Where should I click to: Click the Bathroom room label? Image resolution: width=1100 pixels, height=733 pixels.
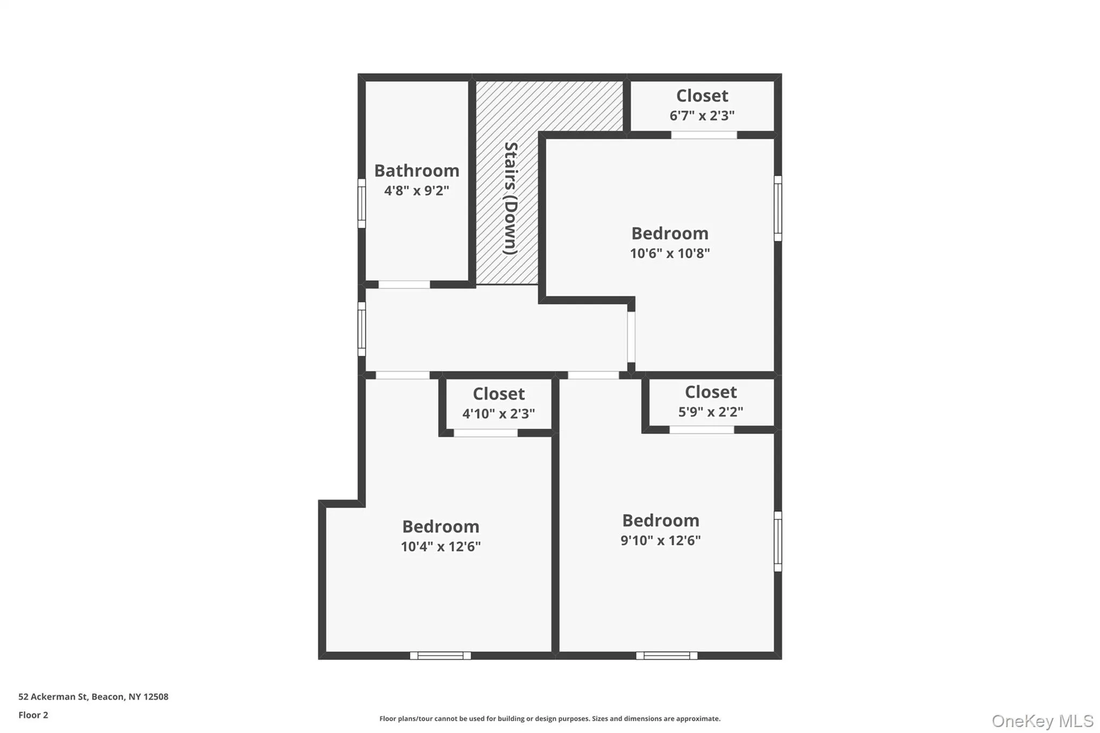click(417, 171)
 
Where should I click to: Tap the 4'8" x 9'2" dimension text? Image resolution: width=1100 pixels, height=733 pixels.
click(417, 191)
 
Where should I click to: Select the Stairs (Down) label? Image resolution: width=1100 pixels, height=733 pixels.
click(510, 198)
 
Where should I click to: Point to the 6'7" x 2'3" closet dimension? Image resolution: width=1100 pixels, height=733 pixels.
click(702, 115)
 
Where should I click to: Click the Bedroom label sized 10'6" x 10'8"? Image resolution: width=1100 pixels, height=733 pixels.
click(670, 234)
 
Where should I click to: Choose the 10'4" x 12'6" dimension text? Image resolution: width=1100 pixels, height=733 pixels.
click(440, 547)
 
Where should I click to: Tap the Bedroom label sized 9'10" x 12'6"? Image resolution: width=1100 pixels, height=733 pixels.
click(661, 520)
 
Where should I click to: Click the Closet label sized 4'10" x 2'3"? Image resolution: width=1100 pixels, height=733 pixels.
click(498, 394)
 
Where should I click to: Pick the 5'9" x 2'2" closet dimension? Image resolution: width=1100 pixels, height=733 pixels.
click(711, 412)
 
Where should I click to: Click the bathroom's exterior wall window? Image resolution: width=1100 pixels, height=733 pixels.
click(361, 204)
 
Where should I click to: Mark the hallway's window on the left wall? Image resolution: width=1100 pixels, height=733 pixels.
click(361, 329)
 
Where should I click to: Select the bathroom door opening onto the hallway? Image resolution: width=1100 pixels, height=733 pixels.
click(404, 285)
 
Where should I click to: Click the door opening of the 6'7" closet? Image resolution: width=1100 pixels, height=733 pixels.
click(704, 135)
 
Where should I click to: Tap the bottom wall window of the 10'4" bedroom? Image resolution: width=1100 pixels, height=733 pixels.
click(440, 655)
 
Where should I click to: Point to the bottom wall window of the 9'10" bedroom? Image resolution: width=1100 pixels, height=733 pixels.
click(667, 655)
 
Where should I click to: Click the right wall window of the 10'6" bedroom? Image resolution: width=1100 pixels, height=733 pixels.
click(778, 208)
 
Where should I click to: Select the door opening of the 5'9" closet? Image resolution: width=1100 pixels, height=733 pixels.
click(701, 430)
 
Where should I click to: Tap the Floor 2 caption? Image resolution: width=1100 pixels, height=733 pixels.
click(33, 715)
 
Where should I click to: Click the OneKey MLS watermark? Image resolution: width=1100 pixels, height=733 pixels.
click(1043, 721)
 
